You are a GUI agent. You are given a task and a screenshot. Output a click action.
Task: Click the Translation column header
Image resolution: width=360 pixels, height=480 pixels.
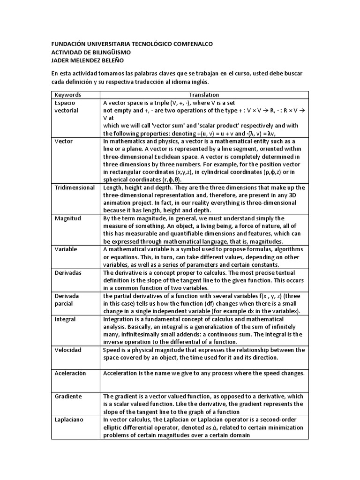tap(204, 95)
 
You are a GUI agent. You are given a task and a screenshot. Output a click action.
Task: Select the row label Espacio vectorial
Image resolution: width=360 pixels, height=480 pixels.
tap(67, 106)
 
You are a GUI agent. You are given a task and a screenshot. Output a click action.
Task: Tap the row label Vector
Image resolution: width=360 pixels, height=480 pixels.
tap(63, 141)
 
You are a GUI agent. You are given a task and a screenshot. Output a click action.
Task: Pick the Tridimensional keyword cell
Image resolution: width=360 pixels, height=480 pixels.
tap(75, 187)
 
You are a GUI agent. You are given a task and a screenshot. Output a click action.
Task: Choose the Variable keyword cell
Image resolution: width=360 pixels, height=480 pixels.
tap(66, 249)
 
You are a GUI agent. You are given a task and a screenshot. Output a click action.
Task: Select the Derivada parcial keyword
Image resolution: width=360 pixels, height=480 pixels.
tap(67, 300)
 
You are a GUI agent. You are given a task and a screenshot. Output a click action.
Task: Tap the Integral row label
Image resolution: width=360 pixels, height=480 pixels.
tap(65, 319)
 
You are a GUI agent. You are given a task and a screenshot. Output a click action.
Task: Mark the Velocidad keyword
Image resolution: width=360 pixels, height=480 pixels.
tap(68, 350)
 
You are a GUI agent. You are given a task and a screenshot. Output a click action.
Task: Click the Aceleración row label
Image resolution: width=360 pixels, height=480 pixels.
tap(70, 373)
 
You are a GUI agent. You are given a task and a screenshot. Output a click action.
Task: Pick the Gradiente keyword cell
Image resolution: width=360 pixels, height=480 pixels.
tap(68, 396)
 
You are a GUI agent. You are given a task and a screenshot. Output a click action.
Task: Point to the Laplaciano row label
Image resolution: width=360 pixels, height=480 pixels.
tap(69, 420)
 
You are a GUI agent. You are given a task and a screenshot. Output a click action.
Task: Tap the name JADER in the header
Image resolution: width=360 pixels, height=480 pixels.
tap(61, 60)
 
